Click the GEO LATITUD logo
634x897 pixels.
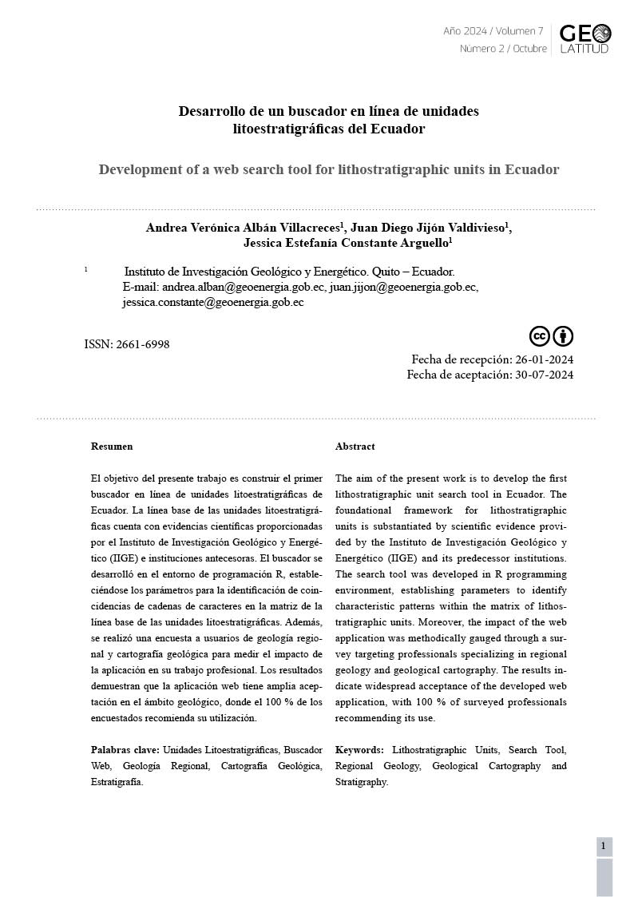[x=584, y=38]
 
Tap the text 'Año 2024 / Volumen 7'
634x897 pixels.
[x=493, y=31]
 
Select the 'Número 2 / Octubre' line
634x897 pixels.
[x=503, y=49]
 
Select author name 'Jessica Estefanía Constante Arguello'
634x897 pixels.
[x=346, y=243]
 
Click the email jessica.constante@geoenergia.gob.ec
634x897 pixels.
[x=213, y=302]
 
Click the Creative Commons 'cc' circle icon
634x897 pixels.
[x=540, y=335]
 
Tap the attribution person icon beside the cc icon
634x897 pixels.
[x=563, y=335]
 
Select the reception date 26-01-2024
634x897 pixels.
[x=544, y=359]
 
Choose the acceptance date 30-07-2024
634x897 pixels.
[x=544, y=375]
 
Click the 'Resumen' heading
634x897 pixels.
[x=112, y=447]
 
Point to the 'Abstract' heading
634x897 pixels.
[x=355, y=447]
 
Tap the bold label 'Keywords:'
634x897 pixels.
[x=359, y=750]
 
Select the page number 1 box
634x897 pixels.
[x=604, y=846]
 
